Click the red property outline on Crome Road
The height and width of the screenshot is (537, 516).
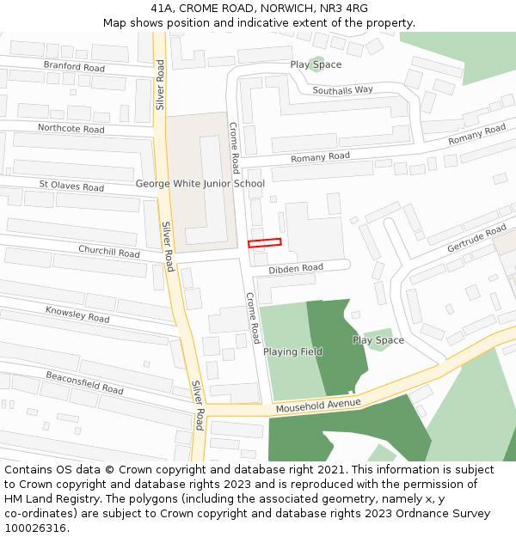(265, 243)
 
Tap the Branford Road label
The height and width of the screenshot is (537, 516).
(74, 67)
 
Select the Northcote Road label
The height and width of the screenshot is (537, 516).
(71, 129)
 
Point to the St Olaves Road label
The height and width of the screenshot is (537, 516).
(71, 186)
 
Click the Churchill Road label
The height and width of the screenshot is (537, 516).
(108, 253)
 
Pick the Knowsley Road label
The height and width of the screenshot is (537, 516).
(77, 314)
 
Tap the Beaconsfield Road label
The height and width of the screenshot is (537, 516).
(85, 382)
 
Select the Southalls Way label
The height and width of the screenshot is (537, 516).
(342, 89)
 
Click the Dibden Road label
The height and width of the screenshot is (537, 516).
(296, 269)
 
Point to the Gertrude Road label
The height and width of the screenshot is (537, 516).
(476, 238)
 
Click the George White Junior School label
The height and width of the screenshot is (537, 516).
(200, 184)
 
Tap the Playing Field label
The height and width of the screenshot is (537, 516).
(292, 351)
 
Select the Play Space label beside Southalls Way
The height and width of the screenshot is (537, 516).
(316, 64)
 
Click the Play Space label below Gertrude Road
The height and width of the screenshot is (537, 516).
(378, 340)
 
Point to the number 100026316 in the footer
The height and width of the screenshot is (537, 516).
(35, 528)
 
